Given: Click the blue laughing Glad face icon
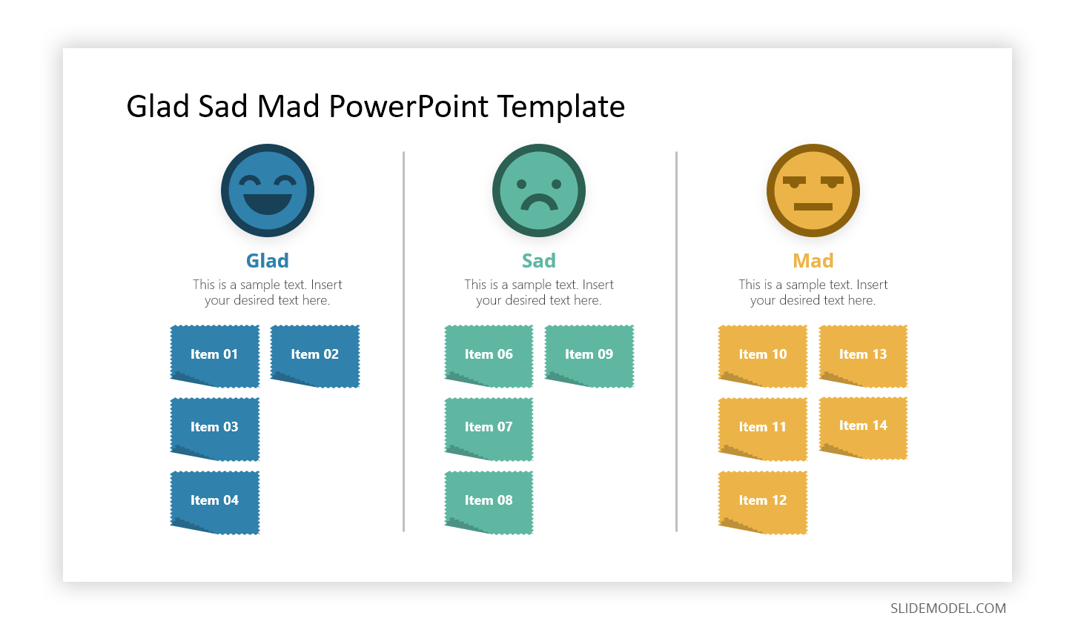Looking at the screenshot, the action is click(268, 190).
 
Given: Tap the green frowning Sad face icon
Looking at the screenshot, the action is click(538, 190).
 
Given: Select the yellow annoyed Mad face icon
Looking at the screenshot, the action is click(813, 190).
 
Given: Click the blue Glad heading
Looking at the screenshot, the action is click(268, 261).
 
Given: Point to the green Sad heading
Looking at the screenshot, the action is click(538, 261).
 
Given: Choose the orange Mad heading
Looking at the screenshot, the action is click(813, 261).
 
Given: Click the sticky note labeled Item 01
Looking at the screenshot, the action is click(214, 356).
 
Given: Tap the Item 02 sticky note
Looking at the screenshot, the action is click(315, 356).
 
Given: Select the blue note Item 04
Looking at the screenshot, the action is click(214, 503).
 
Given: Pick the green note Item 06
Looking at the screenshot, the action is click(489, 356).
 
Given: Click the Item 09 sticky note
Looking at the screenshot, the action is click(589, 356).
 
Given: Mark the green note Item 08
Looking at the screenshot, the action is click(489, 503).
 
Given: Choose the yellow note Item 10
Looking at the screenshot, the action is click(763, 356).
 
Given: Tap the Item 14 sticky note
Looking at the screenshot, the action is click(863, 428).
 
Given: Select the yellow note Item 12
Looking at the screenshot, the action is click(763, 503).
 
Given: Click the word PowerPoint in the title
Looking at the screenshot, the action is click(408, 106).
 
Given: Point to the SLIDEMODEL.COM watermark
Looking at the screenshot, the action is click(947, 609).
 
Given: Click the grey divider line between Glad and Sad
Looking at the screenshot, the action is click(403, 342).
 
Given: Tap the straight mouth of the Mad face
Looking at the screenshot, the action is click(813, 207).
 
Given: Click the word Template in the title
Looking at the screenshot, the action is click(561, 106).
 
